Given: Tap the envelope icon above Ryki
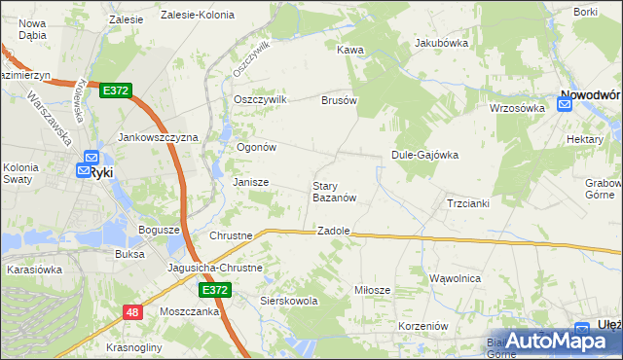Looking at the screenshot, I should click(90, 156).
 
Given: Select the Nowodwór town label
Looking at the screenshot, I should click(590, 95).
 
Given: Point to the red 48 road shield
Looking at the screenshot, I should click(132, 311).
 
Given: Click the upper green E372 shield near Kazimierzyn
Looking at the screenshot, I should click(114, 90).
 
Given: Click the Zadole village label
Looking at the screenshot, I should click(334, 232).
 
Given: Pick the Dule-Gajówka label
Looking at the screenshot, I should click(424, 155).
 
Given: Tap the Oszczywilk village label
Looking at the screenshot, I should click(260, 99).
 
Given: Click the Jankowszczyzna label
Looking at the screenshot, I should click(158, 138).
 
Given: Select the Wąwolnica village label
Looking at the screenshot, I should click(456, 278).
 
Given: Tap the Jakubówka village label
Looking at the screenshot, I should click(442, 43).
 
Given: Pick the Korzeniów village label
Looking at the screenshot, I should click(422, 326).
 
